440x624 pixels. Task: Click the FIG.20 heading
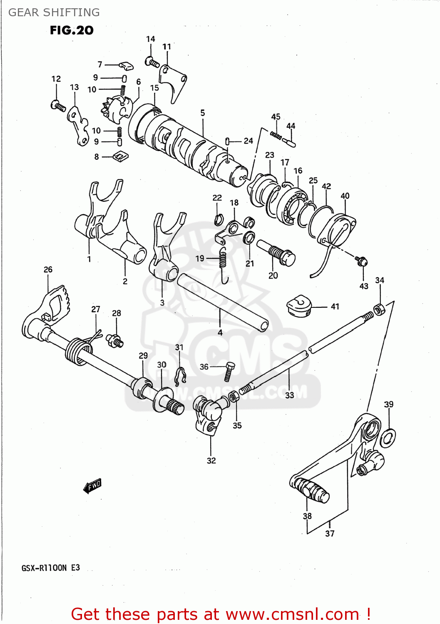(x=72, y=30)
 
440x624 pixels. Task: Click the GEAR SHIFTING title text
(x=54, y=12)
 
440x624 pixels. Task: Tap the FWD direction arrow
(x=92, y=485)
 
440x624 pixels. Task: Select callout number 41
(x=335, y=307)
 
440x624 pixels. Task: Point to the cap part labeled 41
(x=299, y=307)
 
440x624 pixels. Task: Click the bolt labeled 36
(x=229, y=371)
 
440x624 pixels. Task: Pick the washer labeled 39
(x=388, y=438)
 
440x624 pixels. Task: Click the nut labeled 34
(x=379, y=310)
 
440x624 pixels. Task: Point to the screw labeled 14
(x=152, y=62)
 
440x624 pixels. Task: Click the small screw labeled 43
(x=361, y=260)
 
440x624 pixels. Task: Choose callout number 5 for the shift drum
(x=203, y=113)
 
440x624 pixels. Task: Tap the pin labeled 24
(x=228, y=141)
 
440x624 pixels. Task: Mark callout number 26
(x=48, y=270)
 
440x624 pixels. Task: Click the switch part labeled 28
(x=114, y=340)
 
